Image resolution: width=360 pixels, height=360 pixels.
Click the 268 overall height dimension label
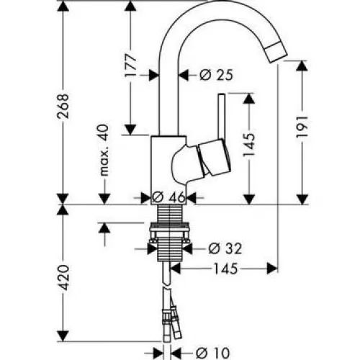click(x=63, y=106)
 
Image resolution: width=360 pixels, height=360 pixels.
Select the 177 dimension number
click(x=130, y=65)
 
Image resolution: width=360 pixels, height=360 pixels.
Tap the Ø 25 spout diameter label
click(x=216, y=76)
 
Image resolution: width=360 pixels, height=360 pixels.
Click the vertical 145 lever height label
click(x=249, y=145)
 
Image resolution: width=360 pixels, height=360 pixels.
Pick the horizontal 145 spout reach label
click(x=225, y=269)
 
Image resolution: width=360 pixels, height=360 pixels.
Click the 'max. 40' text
click(x=104, y=150)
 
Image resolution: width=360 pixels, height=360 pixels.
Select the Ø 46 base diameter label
click(x=168, y=197)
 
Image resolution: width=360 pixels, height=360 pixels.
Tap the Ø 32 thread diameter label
click(x=225, y=248)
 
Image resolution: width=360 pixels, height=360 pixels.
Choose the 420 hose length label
click(x=63, y=277)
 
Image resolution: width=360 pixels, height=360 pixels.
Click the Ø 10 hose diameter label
click(x=212, y=353)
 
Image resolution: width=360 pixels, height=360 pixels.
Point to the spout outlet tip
click(x=276, y=53)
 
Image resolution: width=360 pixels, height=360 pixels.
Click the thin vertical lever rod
click(x=222, y=116)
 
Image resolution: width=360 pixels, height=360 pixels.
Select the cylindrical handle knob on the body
click(x=215, y=158)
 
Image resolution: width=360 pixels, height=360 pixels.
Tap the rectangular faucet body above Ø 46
click(x=168, y=170)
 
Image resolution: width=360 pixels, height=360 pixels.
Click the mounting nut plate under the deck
click(x=170, y=230)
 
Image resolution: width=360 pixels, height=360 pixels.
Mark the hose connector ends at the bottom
click(x=171, y=323)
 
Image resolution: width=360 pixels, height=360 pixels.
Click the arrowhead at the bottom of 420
click(x=63, y=336)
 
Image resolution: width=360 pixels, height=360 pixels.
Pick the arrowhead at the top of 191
click(x=302, y=66)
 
